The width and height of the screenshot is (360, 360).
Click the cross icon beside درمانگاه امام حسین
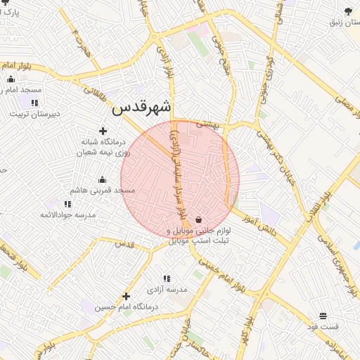point(127,296)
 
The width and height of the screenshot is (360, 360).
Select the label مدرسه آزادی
point(167,289)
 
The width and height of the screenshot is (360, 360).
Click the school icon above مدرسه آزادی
point(167,278)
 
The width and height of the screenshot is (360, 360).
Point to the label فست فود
point(323,327)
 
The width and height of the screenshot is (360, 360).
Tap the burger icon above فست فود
point(323,316)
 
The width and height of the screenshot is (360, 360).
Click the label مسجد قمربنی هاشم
point(102,191)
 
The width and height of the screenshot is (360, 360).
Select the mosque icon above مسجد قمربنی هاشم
point(103,179)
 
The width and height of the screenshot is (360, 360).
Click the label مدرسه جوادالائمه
point(67,214)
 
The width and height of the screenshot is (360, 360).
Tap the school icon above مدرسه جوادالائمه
point(67,203)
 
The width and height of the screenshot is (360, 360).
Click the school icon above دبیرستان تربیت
point(34,103)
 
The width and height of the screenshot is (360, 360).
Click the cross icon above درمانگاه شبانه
point(103,131)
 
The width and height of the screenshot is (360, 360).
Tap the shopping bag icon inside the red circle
point(200,219)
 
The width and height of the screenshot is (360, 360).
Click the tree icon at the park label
point(348,11)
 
